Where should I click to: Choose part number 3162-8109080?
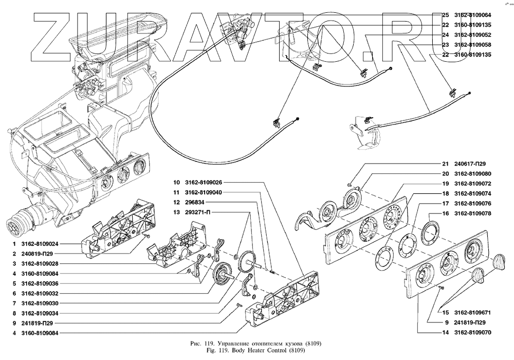473,173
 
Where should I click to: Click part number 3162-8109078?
473,213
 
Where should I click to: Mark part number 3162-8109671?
473,313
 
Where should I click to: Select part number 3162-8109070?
473,333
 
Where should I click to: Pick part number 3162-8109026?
204,183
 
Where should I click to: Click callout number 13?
176,212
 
